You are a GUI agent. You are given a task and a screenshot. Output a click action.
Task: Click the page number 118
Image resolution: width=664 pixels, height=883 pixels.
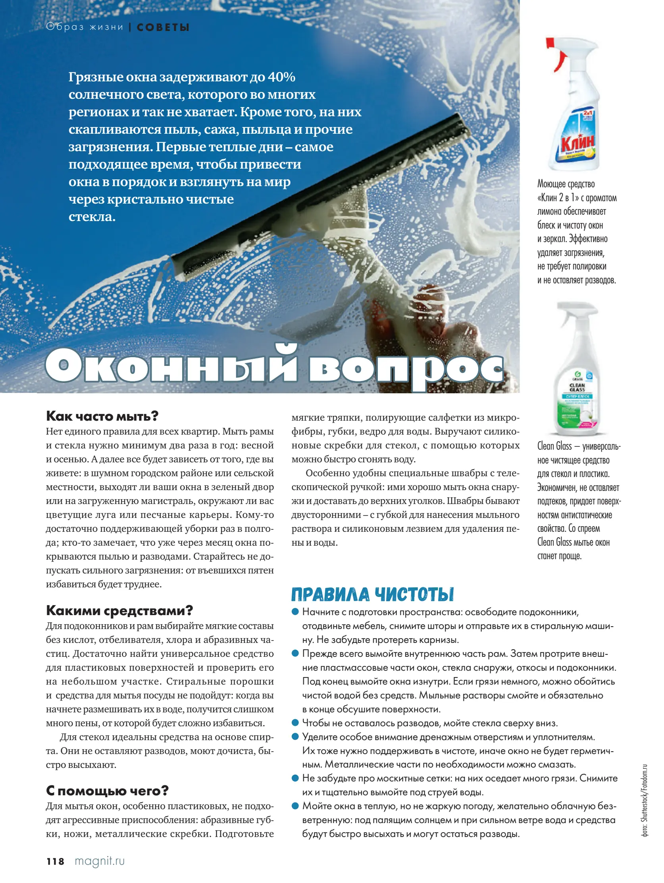coord(55,862)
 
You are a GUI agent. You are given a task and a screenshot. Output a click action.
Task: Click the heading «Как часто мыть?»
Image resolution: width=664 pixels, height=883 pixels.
coord(102,416)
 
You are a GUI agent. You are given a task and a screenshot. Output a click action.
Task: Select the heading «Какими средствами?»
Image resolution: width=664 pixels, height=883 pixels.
coord(119,610)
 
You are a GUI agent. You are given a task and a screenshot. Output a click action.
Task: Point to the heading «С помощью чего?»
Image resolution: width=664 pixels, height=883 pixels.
coord(107,791)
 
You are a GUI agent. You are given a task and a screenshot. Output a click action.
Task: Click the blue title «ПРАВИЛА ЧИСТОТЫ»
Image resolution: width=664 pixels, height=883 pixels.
coord(372,594)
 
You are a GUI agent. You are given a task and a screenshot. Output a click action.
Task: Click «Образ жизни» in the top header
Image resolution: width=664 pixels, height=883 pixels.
coord(85,27)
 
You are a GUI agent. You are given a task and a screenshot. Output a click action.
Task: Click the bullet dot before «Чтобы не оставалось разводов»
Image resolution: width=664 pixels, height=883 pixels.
coord(295,723)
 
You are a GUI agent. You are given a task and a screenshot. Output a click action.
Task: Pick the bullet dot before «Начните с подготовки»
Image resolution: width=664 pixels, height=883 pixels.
coord(295,612)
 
